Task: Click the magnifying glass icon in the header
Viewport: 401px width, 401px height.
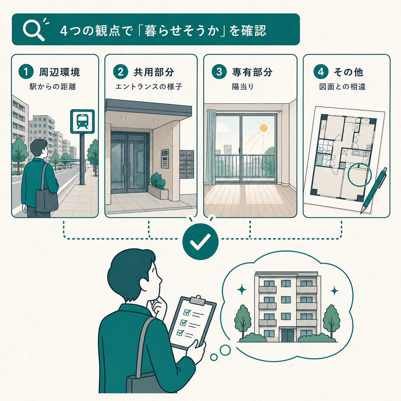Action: point(34,31)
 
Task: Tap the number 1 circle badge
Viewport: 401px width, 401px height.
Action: point(26,72)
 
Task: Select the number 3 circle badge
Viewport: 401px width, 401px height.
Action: point(219,72)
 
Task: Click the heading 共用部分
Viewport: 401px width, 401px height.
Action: point(154,72)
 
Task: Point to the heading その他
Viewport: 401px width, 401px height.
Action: point(349,72)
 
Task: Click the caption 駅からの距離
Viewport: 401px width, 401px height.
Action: point(53,87)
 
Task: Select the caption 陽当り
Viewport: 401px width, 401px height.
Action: point(243,87)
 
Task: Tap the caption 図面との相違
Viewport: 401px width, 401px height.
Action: point(342,87)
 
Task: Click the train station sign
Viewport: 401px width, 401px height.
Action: point(83,122)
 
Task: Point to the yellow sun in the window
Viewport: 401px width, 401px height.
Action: point(263,128)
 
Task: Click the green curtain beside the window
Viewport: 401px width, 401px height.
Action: point(211,147)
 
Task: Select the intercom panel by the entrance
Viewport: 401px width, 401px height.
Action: point(165,159)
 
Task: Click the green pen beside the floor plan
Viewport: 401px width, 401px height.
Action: point(373,190)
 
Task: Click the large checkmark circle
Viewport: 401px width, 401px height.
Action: point(200,241)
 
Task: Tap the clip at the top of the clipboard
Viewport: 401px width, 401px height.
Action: point(198,300)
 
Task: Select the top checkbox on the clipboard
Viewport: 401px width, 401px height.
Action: point(187,312)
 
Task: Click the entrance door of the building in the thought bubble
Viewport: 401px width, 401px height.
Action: point(287,335)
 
